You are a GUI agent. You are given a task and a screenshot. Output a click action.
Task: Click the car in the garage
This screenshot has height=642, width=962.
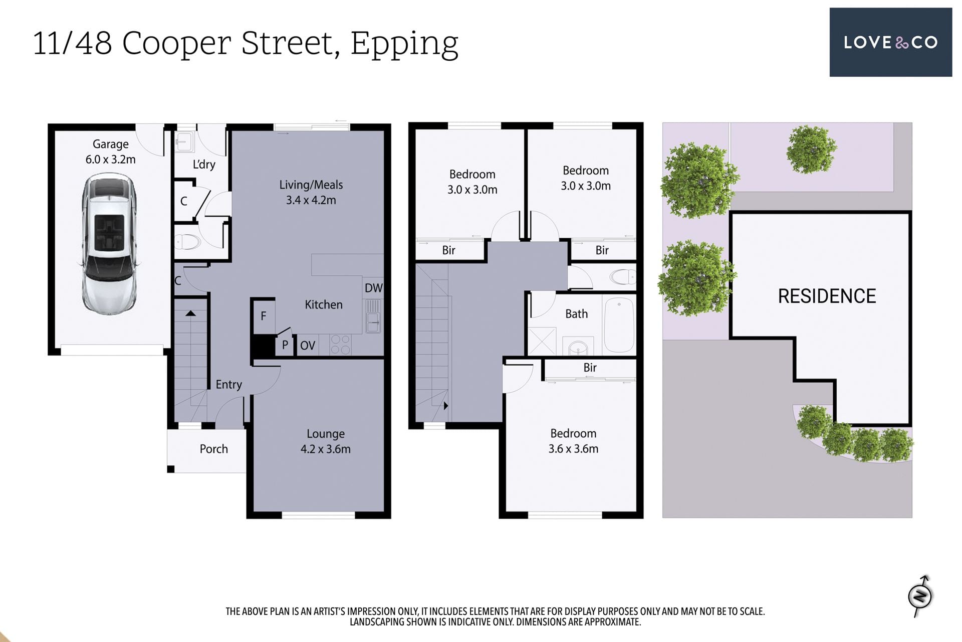click(x=109, y=244)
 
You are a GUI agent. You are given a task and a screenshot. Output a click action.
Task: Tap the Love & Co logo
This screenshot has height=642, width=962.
click(x=890, y=42)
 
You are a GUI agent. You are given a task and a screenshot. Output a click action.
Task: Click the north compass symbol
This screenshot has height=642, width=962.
click(x=921, y=596)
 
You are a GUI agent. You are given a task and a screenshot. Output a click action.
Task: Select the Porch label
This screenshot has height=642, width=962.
click(x=214, y=449)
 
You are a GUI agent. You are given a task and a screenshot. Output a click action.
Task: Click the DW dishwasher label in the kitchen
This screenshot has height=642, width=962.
click(x=373, y=288)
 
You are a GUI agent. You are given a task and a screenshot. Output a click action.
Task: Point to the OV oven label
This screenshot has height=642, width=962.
click(x=308, y=345)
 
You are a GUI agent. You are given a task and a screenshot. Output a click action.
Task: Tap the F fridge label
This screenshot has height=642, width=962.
click(x=263, y=316)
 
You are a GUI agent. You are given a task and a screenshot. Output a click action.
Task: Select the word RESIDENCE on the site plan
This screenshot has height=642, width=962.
click(x=827, y=296)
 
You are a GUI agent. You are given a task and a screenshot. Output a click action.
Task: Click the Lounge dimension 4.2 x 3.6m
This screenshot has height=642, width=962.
click(x=326, y=449)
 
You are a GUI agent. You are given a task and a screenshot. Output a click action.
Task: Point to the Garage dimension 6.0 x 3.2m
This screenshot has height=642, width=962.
click(x=111, y=159)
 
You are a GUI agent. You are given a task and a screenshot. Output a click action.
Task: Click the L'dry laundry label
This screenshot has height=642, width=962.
click(x=204, y=165)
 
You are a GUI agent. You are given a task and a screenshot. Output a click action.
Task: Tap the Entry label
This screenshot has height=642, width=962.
click(x=229, y=385)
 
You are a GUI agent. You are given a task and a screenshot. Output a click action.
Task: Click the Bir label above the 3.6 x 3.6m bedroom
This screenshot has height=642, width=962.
click(x=590, y=368)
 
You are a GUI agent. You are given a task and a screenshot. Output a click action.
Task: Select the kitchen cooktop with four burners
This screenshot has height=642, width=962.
click(x=341, y=345)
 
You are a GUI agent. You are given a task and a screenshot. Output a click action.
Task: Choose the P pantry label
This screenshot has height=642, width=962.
click(x=285, y=345)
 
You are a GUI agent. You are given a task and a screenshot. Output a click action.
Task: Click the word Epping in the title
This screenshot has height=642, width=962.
click(x=404, y=44)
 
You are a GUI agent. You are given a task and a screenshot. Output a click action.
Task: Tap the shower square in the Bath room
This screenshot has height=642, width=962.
click(x=542, y=341)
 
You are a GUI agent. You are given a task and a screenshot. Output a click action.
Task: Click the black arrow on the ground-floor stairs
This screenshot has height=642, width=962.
click(x=190, y=313)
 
